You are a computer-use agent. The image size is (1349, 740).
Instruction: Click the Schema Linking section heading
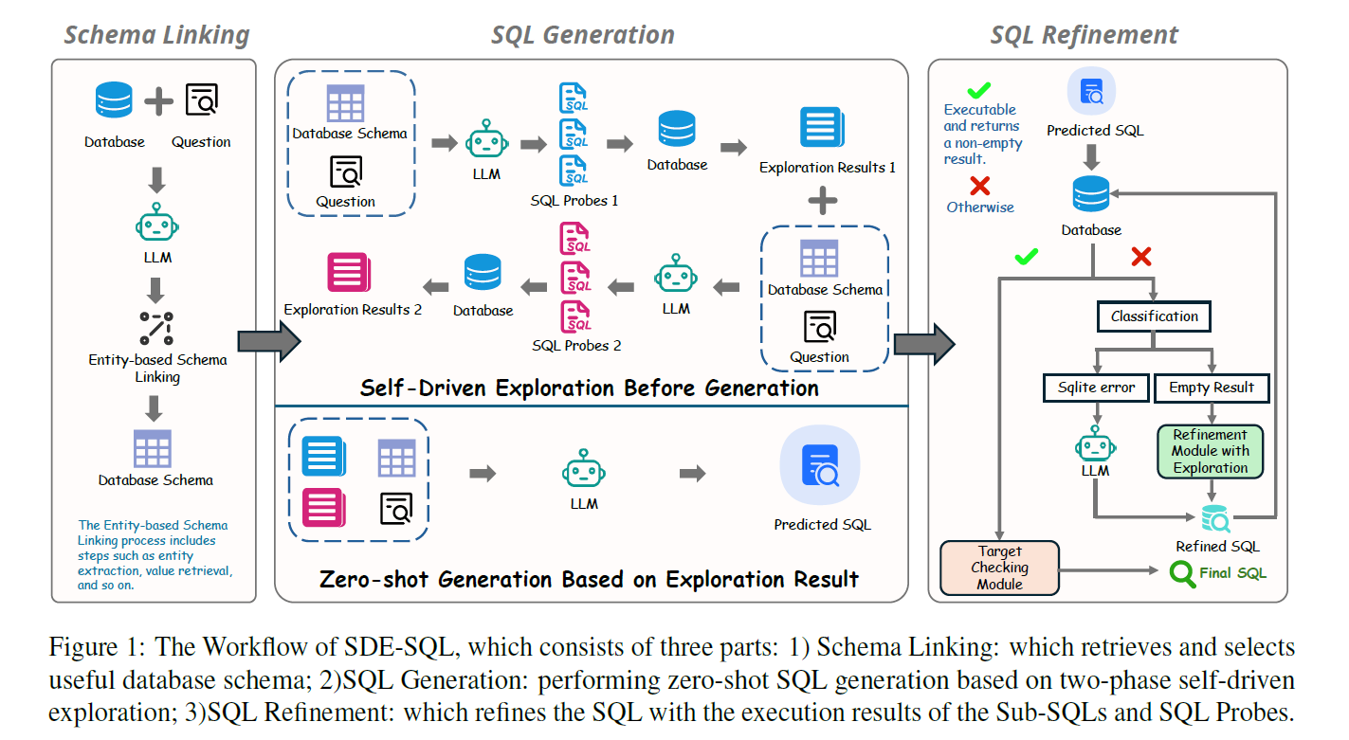click(156, 36)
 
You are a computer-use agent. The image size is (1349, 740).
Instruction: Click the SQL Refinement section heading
click(1084, 36)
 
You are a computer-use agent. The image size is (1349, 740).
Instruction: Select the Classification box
click(1154, 316)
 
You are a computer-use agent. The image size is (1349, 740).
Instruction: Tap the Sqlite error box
click(1096, 388)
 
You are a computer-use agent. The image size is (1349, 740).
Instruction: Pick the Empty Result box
click(1211, 388)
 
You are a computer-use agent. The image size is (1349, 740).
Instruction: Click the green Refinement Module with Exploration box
click(1211, 451)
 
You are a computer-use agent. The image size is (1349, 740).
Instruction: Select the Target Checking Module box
click(999, 567)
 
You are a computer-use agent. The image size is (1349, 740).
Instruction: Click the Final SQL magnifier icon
click(1181, 573)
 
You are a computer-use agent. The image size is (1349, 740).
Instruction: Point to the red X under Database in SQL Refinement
click(1141, 257)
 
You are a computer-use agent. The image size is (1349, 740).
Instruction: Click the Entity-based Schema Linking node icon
click(157, 327)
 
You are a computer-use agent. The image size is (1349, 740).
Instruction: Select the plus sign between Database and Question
click(158, 100)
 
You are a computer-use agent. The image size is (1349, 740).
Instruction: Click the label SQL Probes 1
click(574, 201)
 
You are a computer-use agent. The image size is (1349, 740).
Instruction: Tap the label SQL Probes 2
click(576, 346)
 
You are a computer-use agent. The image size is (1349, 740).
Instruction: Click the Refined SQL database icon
click(1215, 519)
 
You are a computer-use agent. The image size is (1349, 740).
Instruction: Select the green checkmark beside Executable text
click(978, 91)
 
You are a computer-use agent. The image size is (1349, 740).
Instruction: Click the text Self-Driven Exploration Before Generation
click(589, 388)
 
